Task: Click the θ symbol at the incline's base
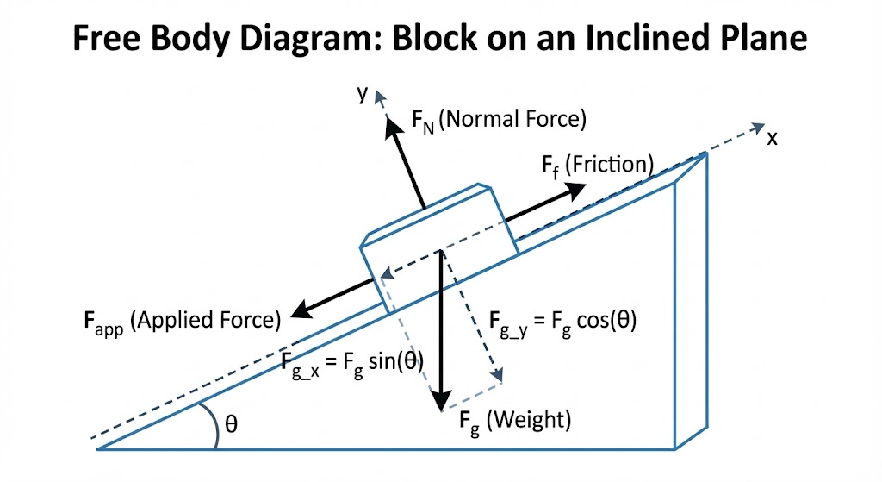coord(232,423)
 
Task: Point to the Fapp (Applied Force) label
coord(182,321)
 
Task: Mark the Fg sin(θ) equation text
coord(353,361)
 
